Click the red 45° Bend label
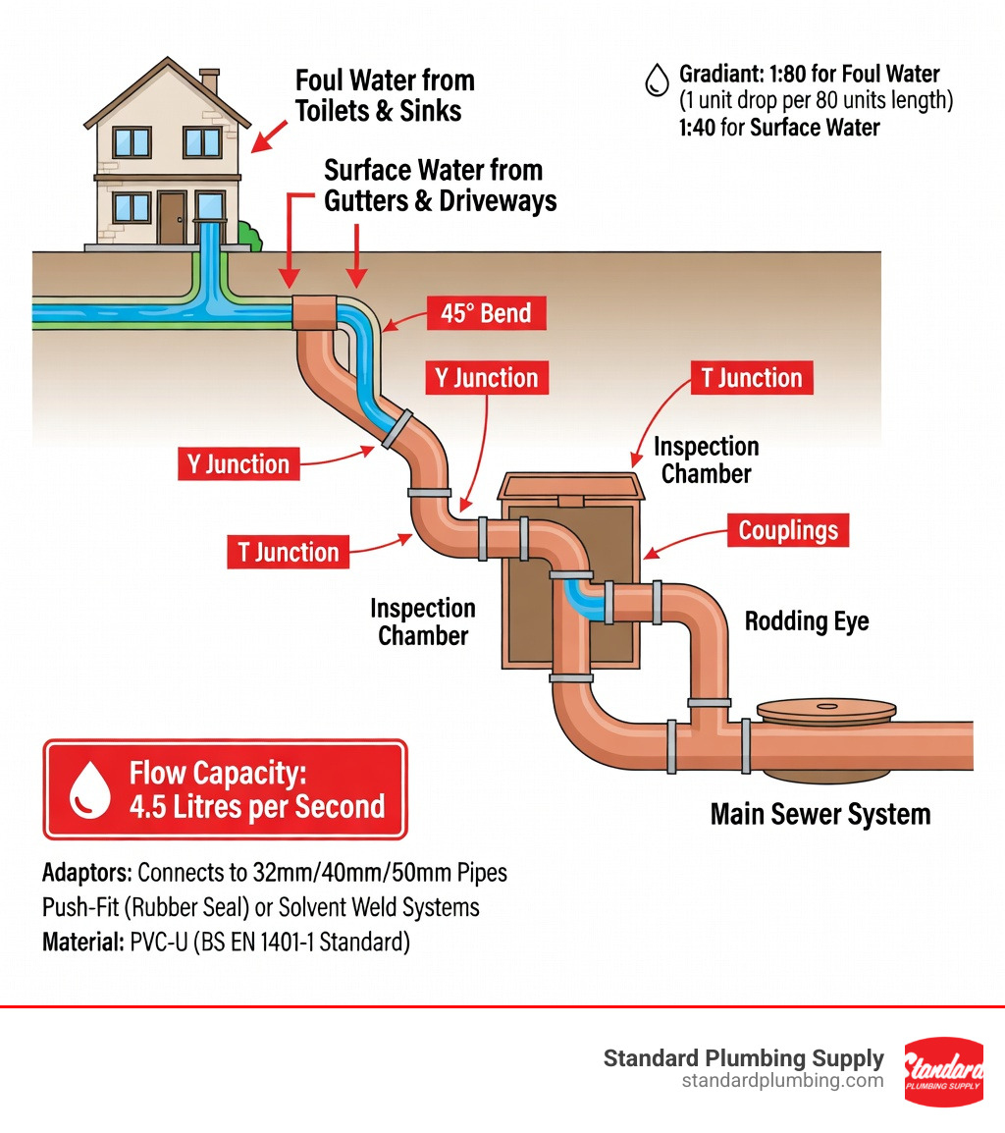click(x=487, y=314)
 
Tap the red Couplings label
click(x=788, y=530)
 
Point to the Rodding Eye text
click(x=807, y=621)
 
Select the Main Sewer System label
click(x=820, y=814)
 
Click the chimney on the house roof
click(x=209, y=81)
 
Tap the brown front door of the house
click(x=173, y=217)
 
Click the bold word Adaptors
click(x=86, y=872)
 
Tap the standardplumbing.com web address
click(x=782, y=1081)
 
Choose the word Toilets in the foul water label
click(x=331, y=110)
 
